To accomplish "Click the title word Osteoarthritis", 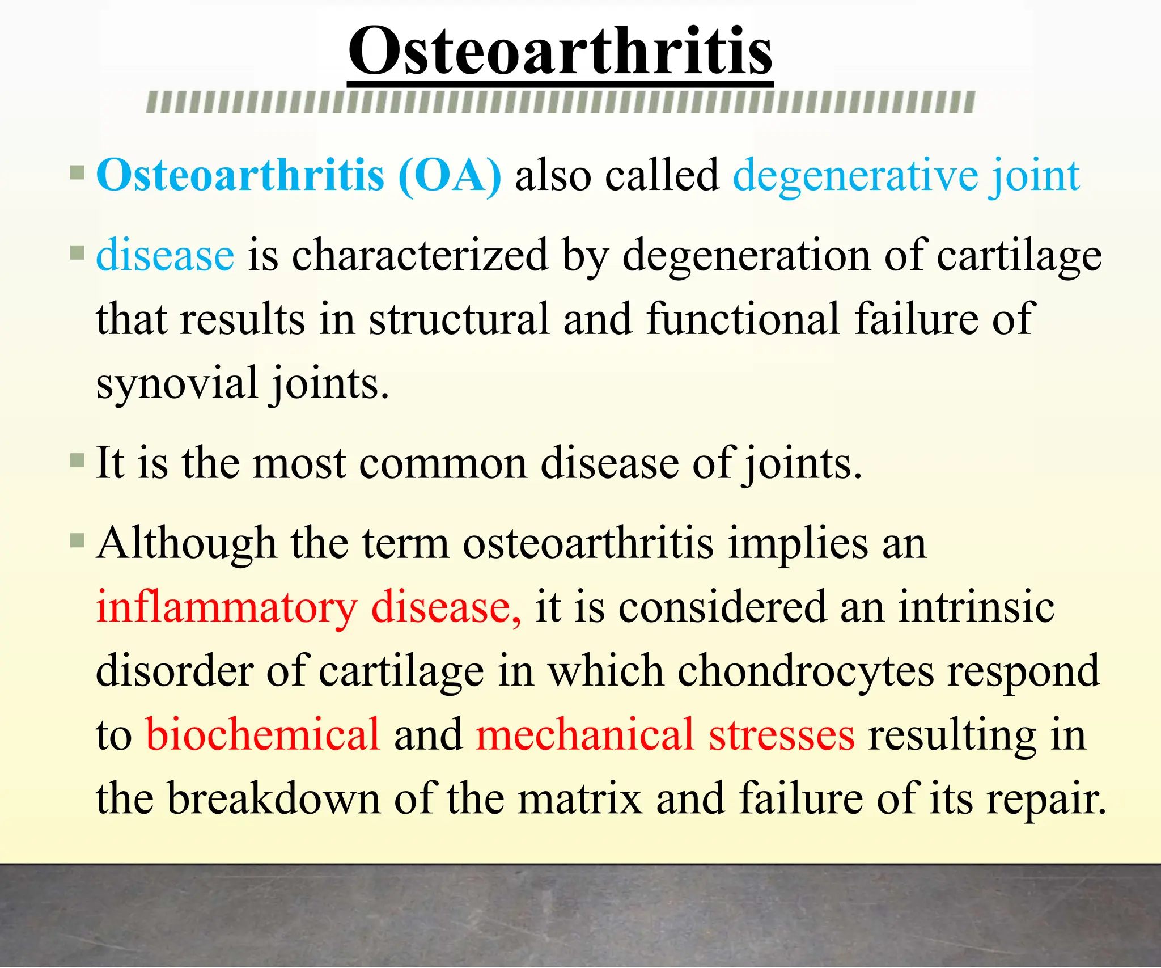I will (560, 52).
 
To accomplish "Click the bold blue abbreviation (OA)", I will (450, 176).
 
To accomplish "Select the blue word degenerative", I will (855, 176).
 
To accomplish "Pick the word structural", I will (459, 320).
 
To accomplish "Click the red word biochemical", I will (262, 735).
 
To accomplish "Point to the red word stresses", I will (781, 735).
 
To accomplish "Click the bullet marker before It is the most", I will (77, 459).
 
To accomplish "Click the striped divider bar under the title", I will (560, 102).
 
